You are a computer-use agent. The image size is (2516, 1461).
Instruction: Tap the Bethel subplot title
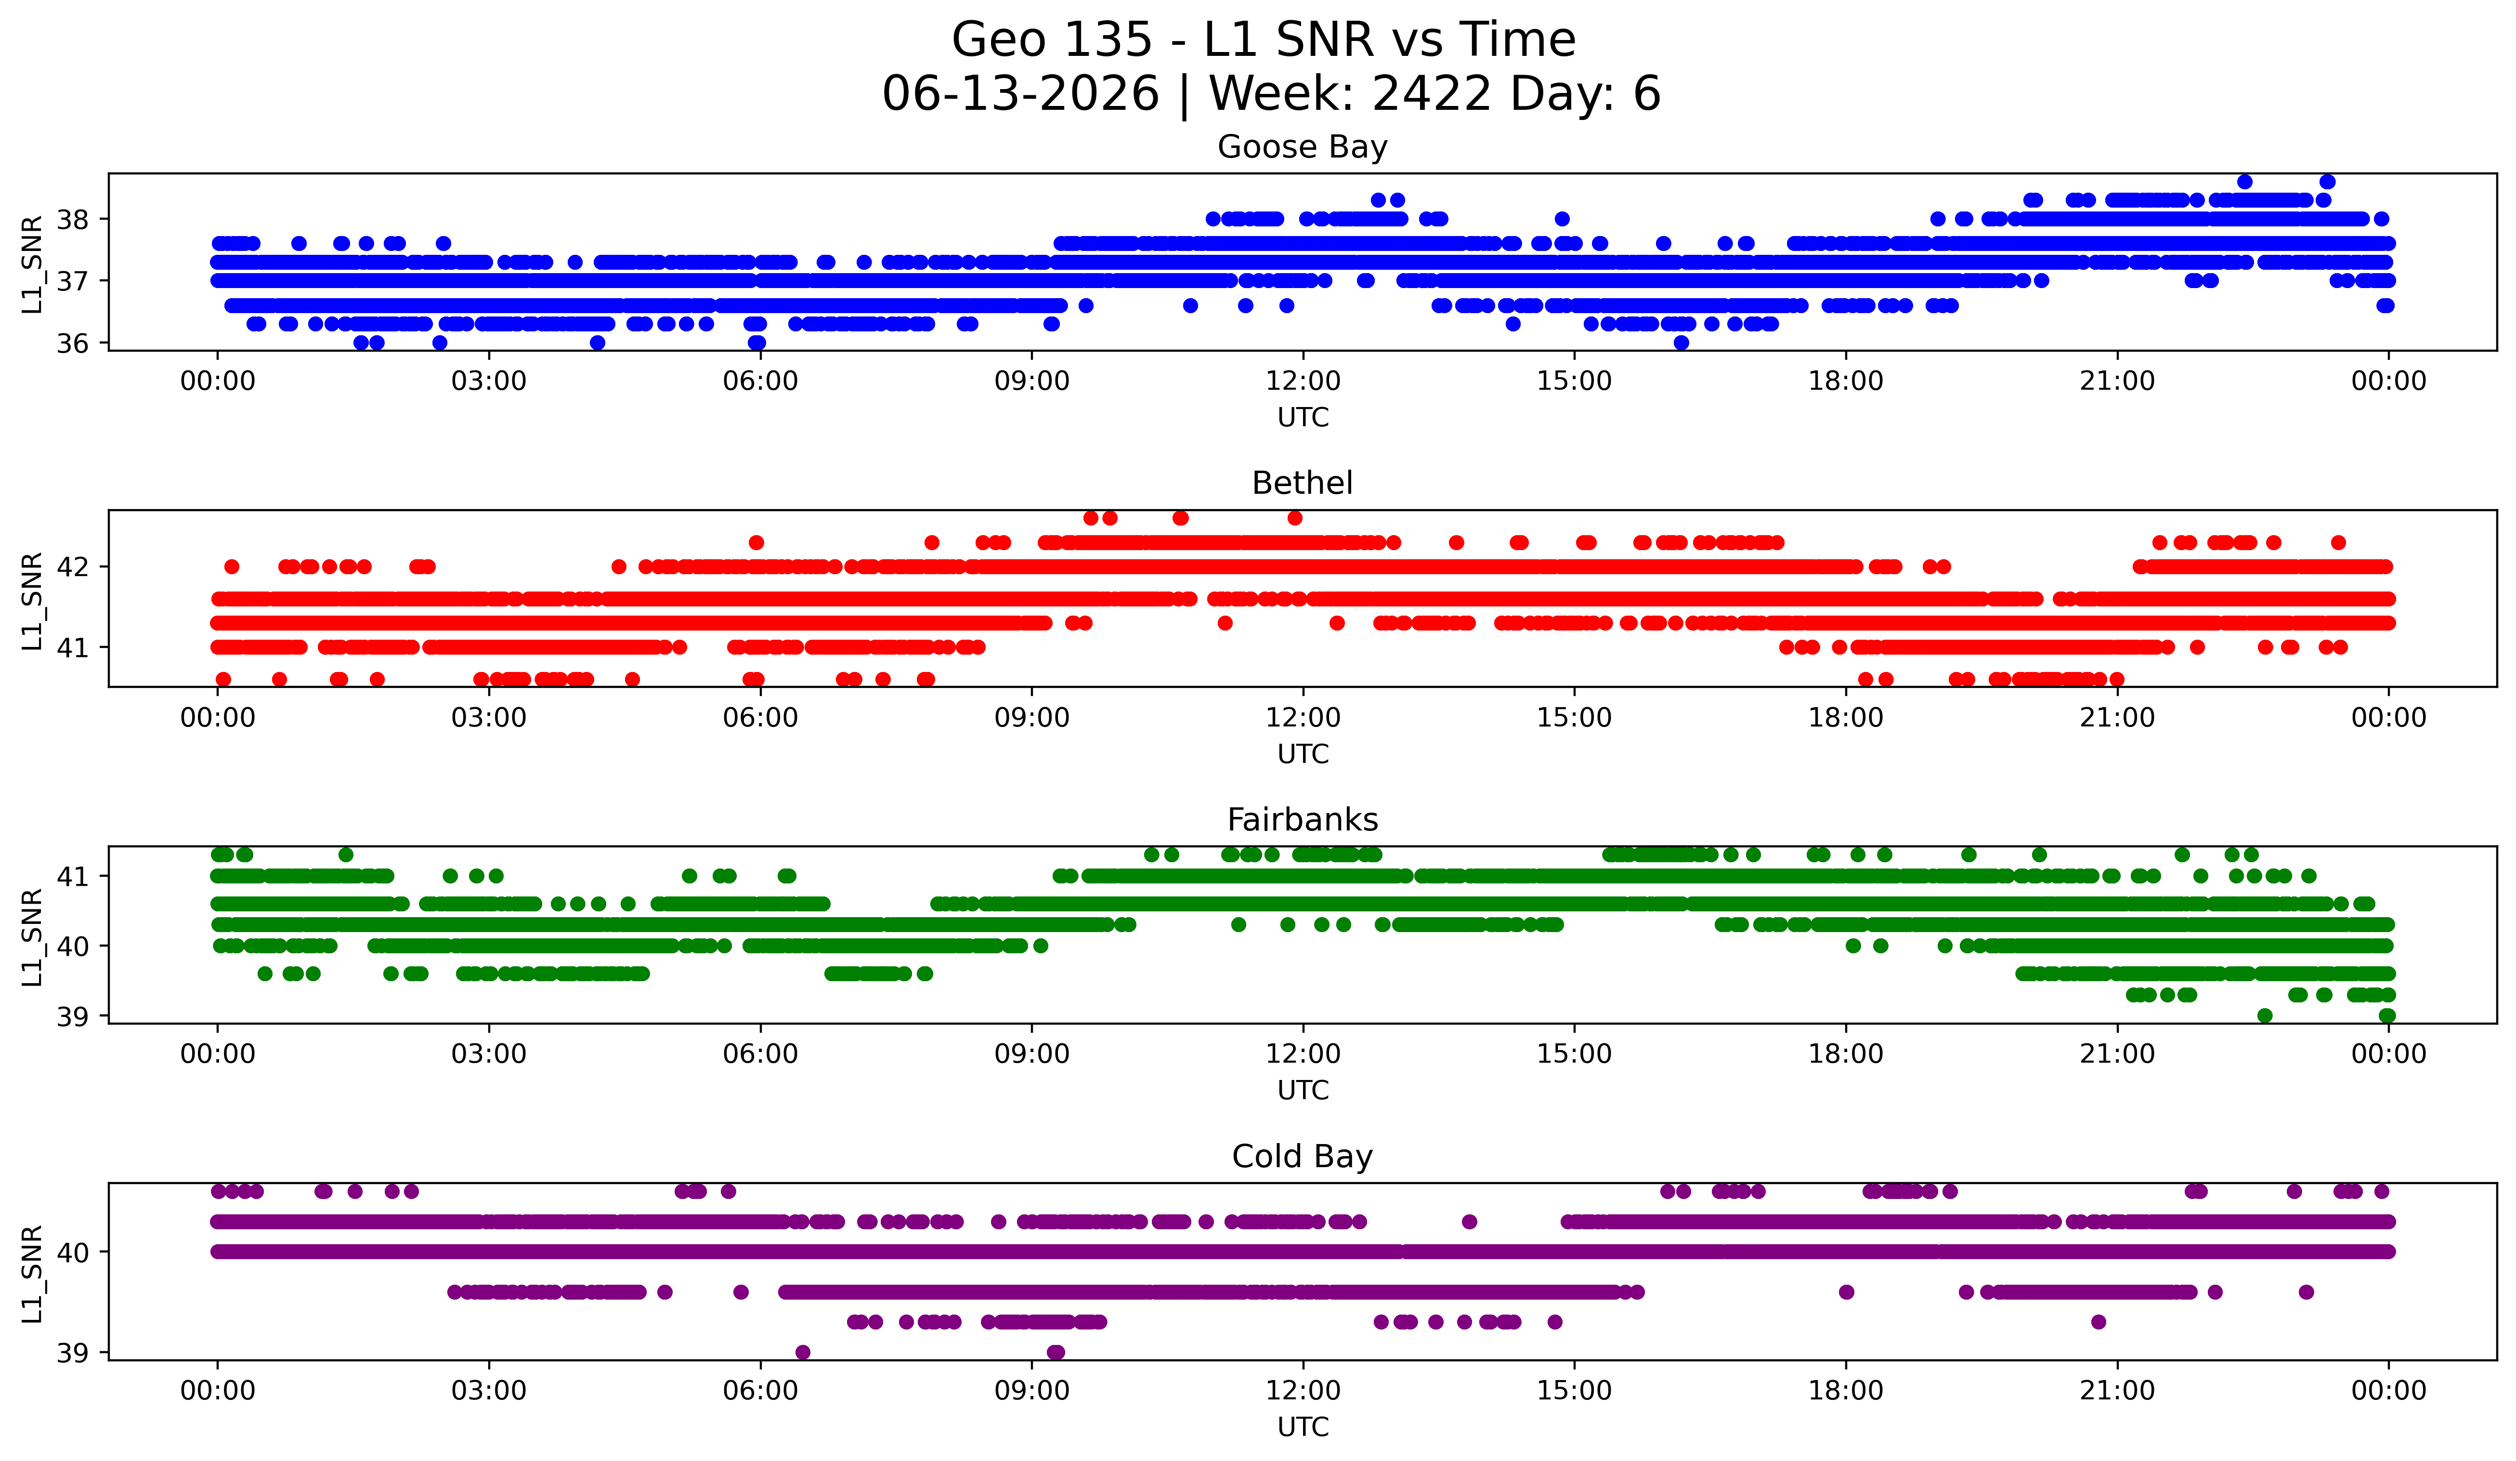(x=1302, y=483)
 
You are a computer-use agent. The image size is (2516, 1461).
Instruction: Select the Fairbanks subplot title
(x=1302, y=820)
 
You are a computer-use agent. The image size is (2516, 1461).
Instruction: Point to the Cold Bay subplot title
(x=1302, y=1157)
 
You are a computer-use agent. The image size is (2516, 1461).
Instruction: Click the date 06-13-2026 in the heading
(x=1020, y=94)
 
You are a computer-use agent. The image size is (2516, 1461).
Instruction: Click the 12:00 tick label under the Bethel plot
(x=1303, y=717)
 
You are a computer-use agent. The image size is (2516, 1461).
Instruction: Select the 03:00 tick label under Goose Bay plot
(x=489, y=381)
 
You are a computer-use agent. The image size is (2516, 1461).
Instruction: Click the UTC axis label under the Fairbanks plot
(x=1303, y=1091)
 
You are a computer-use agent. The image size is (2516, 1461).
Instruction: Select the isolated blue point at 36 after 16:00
(x=1682, y=342)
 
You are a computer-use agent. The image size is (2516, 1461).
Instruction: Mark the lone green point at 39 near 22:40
(x=2264, y=1015)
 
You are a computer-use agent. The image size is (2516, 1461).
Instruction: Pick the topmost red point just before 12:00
(x=1295, y=517)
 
